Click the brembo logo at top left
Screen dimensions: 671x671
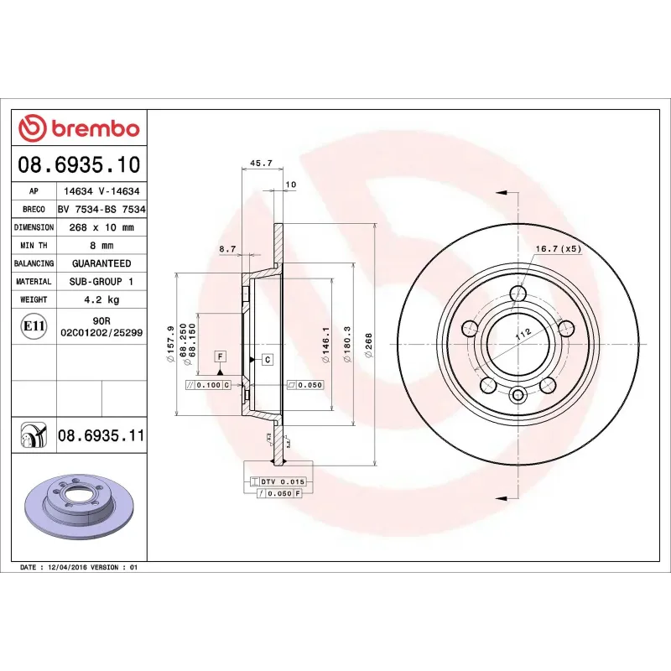click(x=79, y=128)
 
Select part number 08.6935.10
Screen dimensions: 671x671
click(x=79, y=164)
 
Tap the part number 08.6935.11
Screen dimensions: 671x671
click(x=101, y=435)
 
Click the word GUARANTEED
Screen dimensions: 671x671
click(x=101, y=263)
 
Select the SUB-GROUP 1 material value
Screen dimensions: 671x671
click(x=101, y=282)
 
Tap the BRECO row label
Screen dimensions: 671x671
click(x=34, y=210)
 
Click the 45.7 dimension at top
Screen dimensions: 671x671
click(x=261, y=164)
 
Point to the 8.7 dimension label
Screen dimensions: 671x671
click(x=226, y=249)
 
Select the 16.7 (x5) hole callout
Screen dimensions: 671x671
click(x=558, y=249)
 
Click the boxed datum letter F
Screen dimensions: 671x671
click(x=220, y=356)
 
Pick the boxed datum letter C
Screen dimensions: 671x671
click(x=267, y=360)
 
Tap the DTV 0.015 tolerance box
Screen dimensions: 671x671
click(x=278, y=481)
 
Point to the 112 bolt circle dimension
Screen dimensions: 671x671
click(x=524, y=334)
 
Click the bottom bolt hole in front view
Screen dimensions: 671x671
click(x=518, y=395)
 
